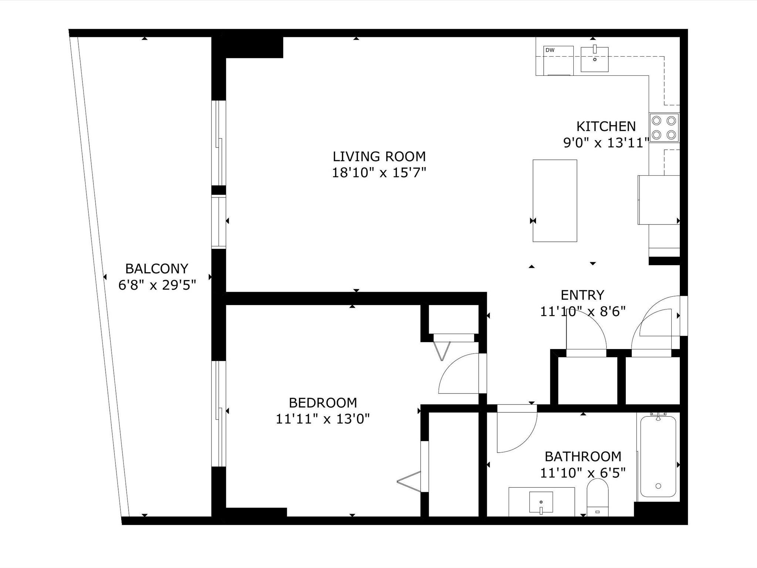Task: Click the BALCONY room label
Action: [x=157, y=268]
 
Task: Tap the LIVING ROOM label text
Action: [x=379, y=156]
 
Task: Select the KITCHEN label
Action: [x=606, y=126]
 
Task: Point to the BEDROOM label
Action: [x=323, y=402]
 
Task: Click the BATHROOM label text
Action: [x=583, y=456]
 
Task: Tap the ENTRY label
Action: [x=583, y=295]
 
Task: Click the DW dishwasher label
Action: [x=550, y=50]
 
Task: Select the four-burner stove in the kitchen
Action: [x=664, y=128]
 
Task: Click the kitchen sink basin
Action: [x=595, y=59]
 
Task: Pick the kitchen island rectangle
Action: [x=555, y=201]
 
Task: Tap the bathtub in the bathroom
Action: [x=658, y=457]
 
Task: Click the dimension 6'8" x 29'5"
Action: [x=157, y=285]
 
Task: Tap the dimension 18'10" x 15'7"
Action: [x=379, y=173]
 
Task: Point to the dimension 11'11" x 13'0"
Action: [x=323, y=419]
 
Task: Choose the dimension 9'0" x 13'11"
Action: [x=606, y=143]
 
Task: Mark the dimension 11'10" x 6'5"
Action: [x=583, y=473]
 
